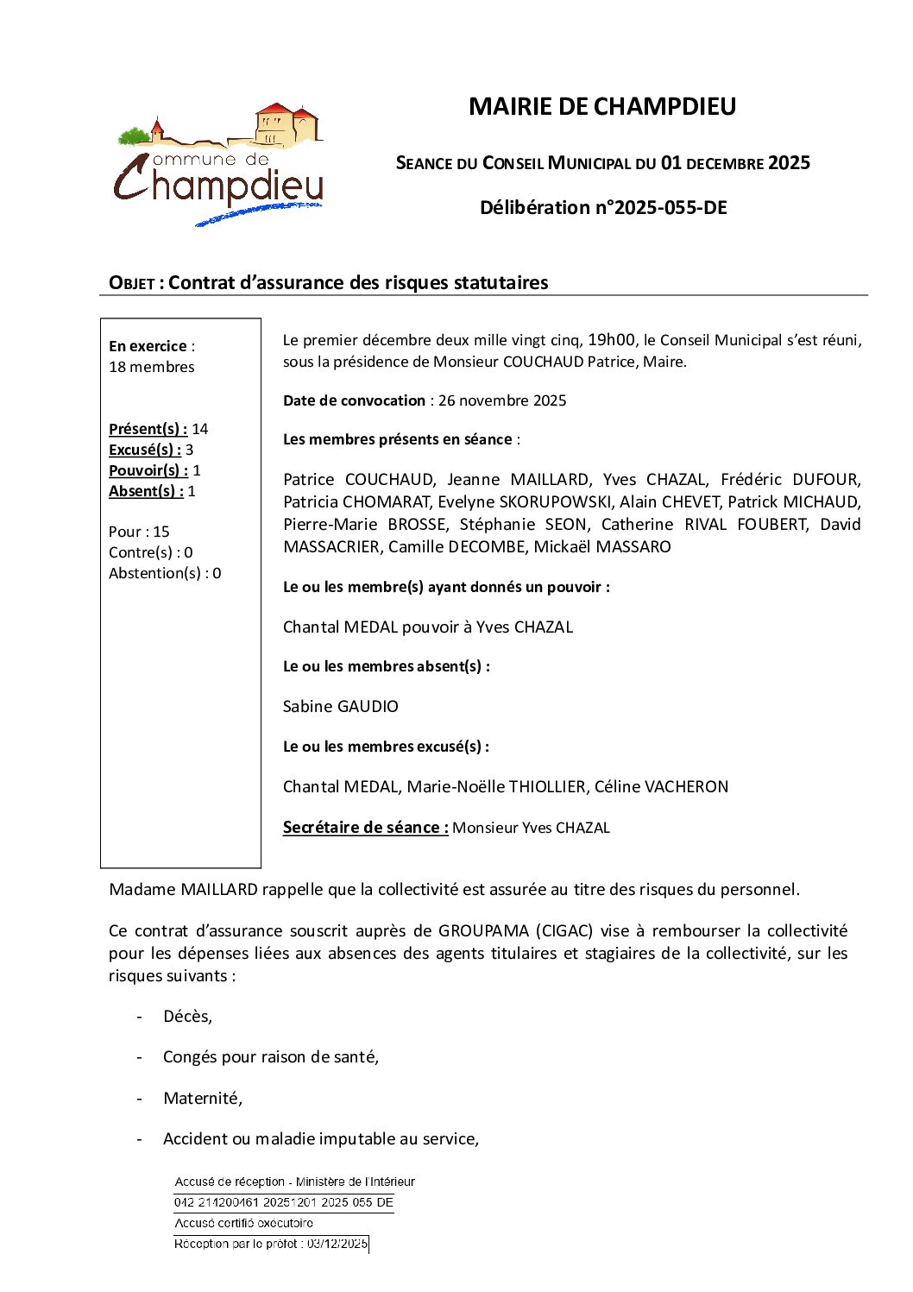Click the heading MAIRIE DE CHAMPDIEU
(x=601, y=106)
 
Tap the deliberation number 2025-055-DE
(x=670, y=208)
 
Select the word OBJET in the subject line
(x=131, y=283)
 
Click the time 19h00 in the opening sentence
(x=611, y=340)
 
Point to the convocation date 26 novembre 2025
(x=502, y=400)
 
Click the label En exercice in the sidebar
(x=148, y=346)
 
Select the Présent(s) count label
(x=148, y=429)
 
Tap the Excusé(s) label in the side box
(x=145, y=450)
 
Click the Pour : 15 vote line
(x=139, y=532)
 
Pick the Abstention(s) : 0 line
(x=165, y=573)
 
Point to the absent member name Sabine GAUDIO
(x=341, y=707)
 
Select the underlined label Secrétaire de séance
(x=365, y=828)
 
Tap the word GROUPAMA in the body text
(x=483, y=931)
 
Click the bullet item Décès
(x=187, y=1017)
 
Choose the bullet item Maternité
(x=203, y=1099)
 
